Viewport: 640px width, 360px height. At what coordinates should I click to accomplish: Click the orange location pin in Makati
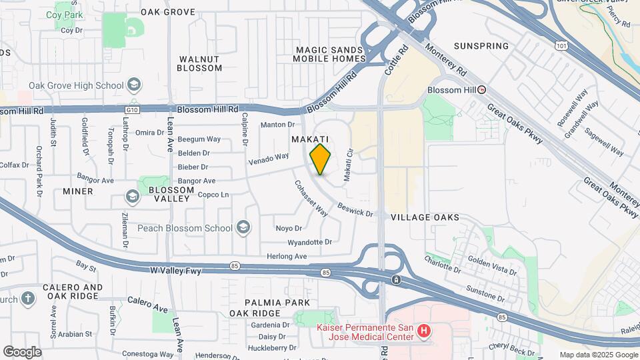coord(321,159)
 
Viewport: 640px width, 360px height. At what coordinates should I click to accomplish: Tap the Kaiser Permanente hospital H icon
coord(422,331)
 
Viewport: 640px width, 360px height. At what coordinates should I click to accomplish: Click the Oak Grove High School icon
coord(134,85)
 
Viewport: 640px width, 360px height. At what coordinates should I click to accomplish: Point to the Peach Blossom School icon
coord(243,228)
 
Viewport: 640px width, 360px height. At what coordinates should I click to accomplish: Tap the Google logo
coord(22,351)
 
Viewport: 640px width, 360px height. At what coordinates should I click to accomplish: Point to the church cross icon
coord(27,298)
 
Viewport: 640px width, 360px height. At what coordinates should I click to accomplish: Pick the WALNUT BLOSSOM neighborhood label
coord(200,63)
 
